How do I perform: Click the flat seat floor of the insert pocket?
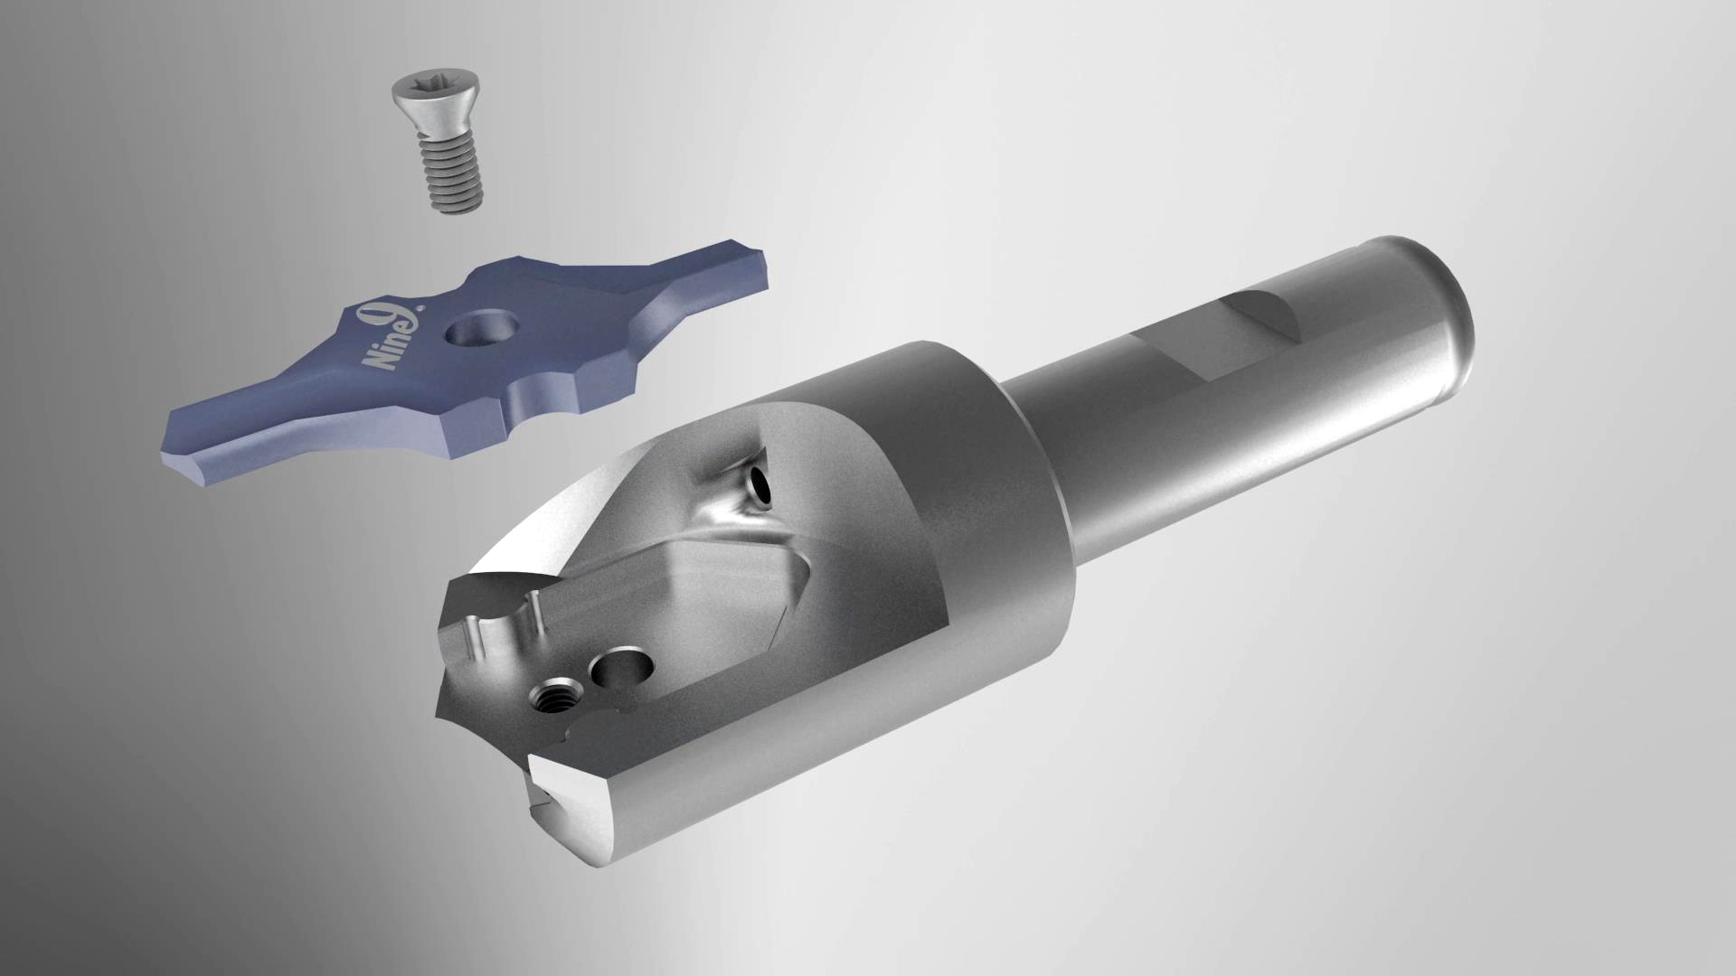[x=723, y=587]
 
